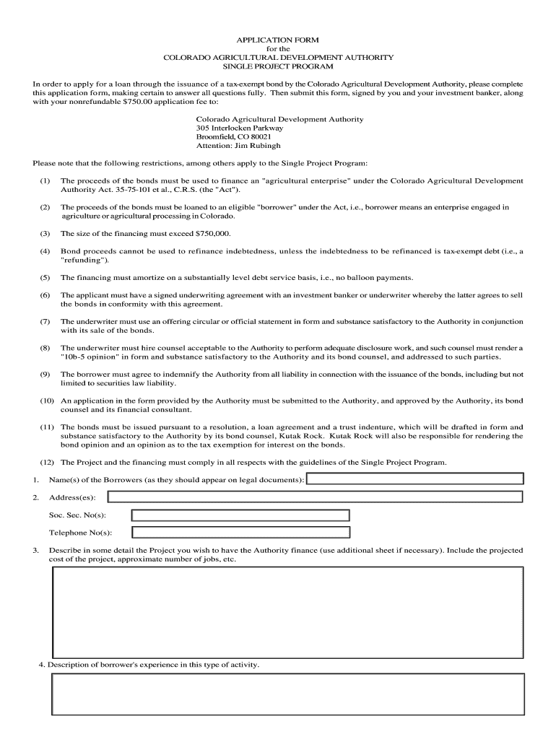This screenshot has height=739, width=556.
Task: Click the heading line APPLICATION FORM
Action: (278, 39)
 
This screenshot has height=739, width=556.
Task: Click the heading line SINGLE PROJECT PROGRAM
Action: (278, 66)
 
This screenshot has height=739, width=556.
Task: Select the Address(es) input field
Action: (315, 497)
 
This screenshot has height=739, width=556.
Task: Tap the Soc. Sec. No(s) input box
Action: (240, 515)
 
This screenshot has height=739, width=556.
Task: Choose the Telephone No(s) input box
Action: (240, 533)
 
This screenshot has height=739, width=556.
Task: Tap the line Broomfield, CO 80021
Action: (234, 136)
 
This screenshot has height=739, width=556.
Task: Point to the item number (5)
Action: (45, 277)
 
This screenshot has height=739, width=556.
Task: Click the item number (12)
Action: (47, 462)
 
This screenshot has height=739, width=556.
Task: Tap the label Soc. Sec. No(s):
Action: (77, 515)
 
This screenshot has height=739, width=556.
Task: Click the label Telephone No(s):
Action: (80, 533)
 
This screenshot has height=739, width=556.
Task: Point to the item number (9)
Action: (45, 374)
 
